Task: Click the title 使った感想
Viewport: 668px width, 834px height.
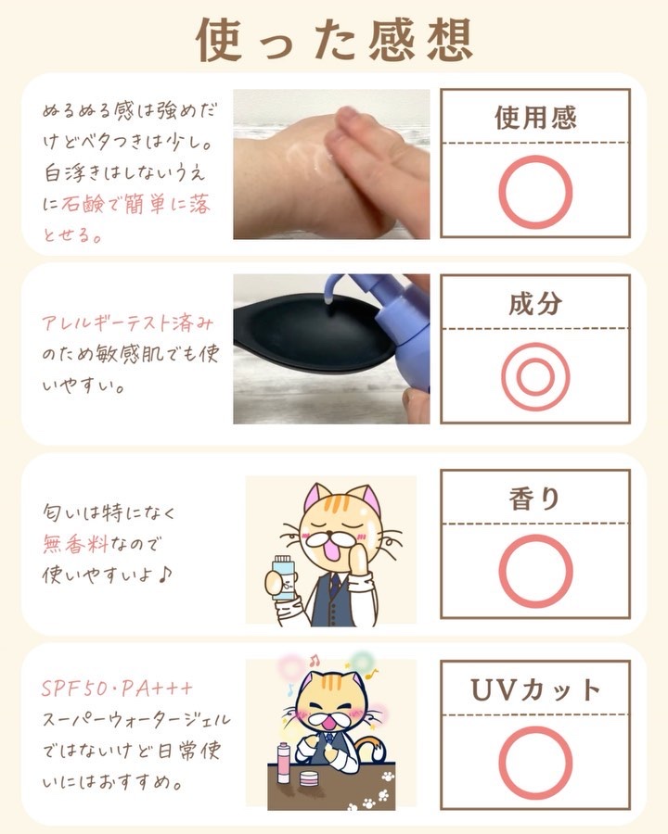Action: [334, 39]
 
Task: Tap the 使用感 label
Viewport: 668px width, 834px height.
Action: [535, 118]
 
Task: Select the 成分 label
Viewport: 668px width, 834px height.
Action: [535, 303]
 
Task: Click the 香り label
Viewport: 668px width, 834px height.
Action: [534, 499]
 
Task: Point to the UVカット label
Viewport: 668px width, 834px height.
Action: [535, 689]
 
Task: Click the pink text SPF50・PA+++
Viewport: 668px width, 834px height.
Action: [117, 689]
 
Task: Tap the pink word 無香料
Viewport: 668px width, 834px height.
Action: [75, 544]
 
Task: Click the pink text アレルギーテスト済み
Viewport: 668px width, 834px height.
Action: [128, 322]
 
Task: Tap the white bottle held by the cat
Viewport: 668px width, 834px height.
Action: [283, 578]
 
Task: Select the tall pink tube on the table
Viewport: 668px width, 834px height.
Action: [282, 764]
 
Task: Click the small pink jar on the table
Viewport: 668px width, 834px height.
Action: [308, 778]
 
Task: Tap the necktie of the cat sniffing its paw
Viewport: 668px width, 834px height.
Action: [334, 584]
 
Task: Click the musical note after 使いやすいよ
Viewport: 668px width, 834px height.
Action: [165, 575]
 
